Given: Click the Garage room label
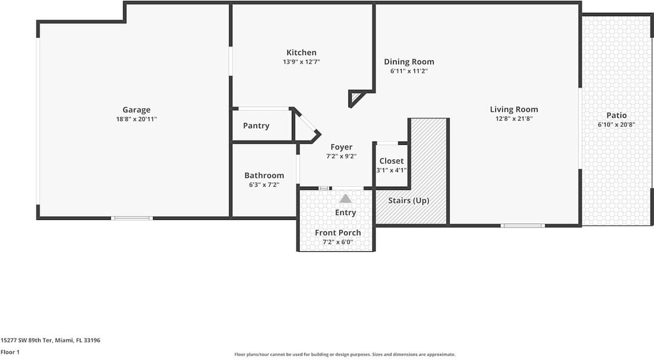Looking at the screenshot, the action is [136, 110].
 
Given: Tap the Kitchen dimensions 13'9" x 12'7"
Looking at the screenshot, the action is [301, 62].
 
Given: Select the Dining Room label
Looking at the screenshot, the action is [409, 62].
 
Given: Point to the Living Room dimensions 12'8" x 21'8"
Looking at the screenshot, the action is [514, 119].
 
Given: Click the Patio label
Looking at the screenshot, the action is [616, 115].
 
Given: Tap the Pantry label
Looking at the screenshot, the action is [256, 126].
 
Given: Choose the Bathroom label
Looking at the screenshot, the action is [264, 175].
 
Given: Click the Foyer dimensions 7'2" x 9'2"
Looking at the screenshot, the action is [341, 156].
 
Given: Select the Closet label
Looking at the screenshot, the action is [391, 161].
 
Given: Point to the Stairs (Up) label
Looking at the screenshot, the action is [409, 201].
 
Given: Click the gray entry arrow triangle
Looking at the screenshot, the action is [345, 199].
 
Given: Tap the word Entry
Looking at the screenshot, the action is [345, 212].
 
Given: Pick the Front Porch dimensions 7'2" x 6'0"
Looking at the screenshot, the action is [338, 242].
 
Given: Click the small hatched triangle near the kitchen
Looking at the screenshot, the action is [355, 97].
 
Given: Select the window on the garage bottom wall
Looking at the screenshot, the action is [132, 218].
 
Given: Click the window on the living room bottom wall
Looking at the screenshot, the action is [523, 226].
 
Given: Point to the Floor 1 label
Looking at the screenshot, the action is [10, 352].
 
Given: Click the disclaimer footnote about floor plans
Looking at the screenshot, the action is [345, 354].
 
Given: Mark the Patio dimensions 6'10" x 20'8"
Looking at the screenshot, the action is [616, 125].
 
